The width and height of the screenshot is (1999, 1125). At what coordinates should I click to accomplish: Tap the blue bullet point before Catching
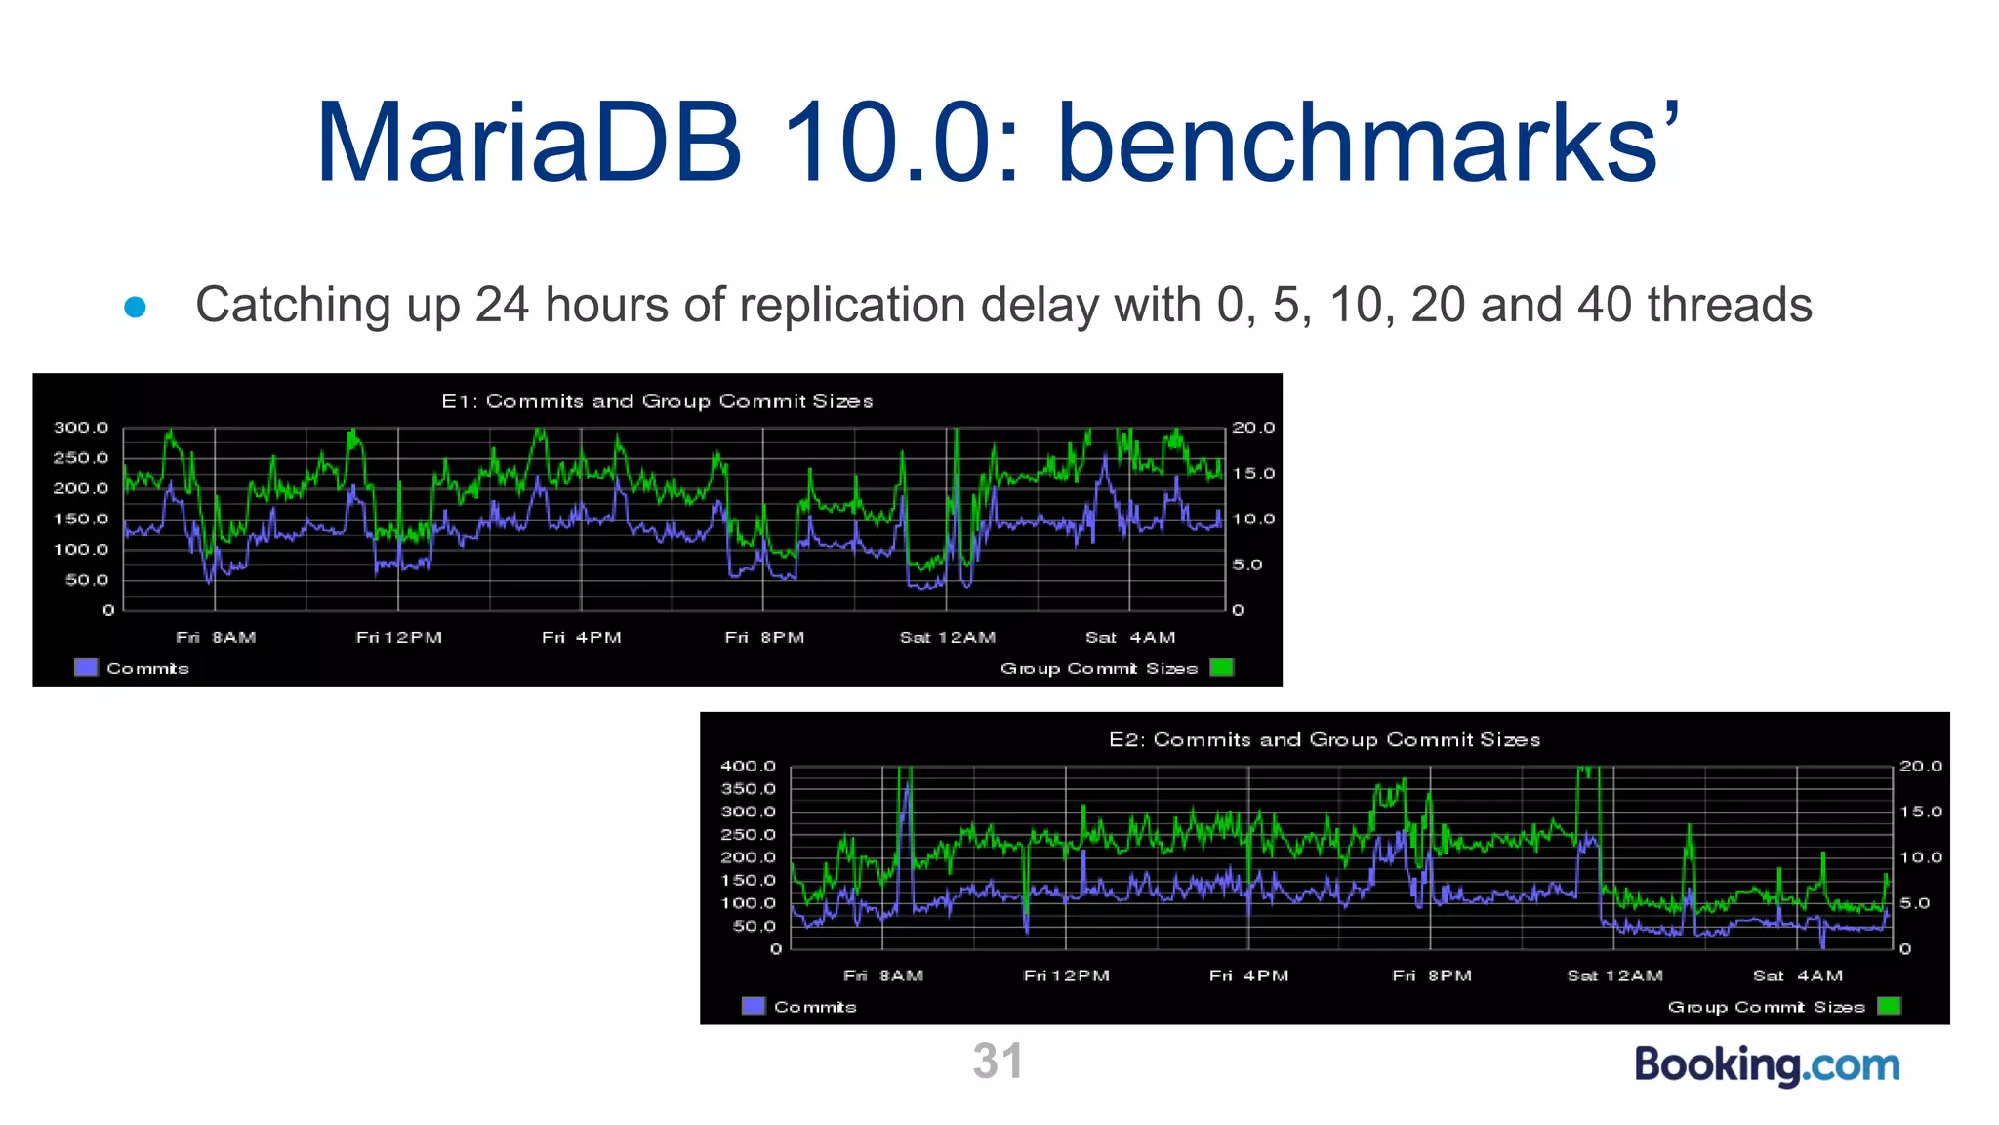(136, 308)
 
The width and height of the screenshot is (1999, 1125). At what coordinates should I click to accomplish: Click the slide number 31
(998, 1062)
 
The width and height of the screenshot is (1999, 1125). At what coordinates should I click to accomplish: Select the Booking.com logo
(1767, 1064)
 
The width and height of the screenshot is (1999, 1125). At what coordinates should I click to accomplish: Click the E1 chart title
(657, 401)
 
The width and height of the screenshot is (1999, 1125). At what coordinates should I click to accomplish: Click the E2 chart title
(1325, 740)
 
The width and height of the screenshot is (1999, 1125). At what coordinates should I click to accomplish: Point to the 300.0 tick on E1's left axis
(81, 428)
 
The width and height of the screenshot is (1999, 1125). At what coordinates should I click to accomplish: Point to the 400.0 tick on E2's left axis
(748, 767)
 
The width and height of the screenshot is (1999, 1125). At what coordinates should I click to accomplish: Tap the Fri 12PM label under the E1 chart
(398, 638)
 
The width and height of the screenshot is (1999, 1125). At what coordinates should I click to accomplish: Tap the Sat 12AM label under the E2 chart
(1614, 976)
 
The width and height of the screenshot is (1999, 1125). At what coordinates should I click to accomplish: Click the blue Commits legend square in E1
(86, 668)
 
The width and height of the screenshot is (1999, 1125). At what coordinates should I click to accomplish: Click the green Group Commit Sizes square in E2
(1889, 1006)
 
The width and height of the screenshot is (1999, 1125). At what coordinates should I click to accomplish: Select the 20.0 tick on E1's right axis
(1253, 428)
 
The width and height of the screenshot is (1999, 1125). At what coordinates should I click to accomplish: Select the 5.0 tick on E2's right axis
(1914, 903)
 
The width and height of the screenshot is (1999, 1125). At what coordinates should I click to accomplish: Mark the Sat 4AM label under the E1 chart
(1130, 638)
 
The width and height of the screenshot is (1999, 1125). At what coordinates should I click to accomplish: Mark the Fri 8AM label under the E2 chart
(883, 976)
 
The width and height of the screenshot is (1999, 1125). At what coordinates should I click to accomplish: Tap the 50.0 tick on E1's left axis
(87, 580)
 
